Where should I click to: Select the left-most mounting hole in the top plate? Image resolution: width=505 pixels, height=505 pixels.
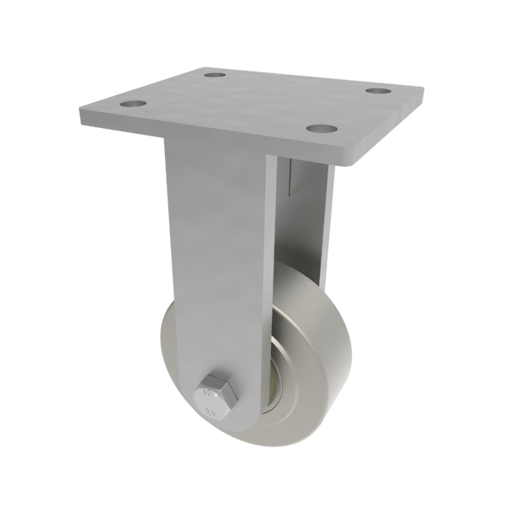coord(132,105)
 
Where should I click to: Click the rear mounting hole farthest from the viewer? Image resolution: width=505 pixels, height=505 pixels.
coord(215,75)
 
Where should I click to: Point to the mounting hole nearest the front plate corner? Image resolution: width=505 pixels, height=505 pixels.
coord(320,129)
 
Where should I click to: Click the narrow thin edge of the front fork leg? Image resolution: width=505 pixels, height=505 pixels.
coord(268,252)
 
